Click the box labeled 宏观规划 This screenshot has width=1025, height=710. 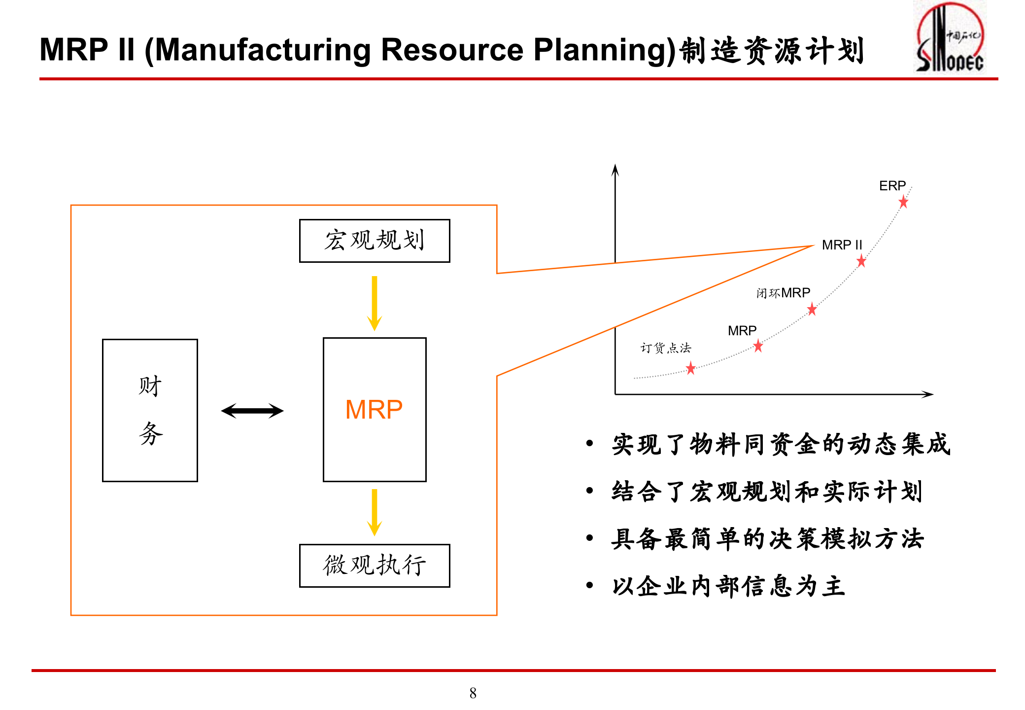coord(375,241)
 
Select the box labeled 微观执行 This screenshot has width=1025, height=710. coord(375,566)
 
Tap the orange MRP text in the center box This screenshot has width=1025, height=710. coord(374,410)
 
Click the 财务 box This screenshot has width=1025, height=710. coord(150,410)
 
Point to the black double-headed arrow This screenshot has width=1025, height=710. coord(252,411)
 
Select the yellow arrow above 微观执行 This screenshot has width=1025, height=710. coord(375,512)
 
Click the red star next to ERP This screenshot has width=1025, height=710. coord(903,202)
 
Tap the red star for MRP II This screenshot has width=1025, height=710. coord(861,261)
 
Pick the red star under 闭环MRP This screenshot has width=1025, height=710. coord(812,310)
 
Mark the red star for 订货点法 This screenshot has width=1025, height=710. coord(691,368)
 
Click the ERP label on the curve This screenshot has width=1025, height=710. coord(892,186)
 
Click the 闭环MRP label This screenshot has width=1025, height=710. coord(783,293)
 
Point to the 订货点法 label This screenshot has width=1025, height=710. coord(665,348)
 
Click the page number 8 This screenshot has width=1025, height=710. coord(473,693)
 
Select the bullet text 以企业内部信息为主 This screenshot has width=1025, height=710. coord(728,586)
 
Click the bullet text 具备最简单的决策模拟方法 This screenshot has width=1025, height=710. coord(767,539)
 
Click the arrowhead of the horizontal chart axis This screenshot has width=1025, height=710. coord(928,394)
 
